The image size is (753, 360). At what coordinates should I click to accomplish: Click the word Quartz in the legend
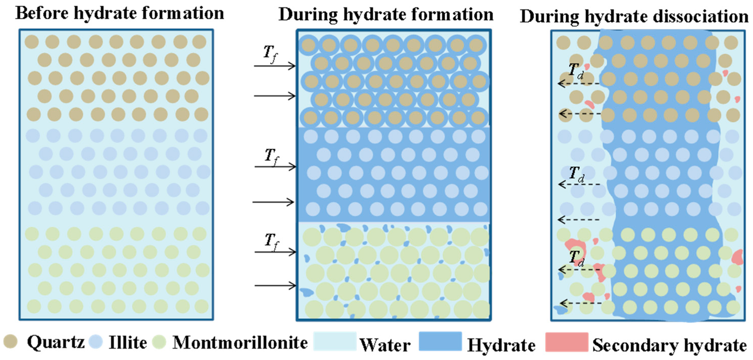coord(56,342)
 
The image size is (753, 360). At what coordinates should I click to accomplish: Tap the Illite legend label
coord(128,342)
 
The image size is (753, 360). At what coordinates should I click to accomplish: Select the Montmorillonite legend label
coord(240,342)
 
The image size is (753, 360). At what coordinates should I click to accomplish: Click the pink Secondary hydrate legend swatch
coord(567,342)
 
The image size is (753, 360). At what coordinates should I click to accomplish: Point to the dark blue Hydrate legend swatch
coord(440,341)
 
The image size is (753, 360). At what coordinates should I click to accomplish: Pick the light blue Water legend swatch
coord(335,341)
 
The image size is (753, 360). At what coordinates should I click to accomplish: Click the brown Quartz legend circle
coord(10,341)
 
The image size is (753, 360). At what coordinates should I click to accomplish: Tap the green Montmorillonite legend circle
coord(159,342)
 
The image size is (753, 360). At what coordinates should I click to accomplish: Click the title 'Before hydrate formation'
coord(119,13)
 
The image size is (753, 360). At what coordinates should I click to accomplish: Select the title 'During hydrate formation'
coord(386,15)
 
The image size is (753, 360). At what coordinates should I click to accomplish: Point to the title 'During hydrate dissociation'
coord(634,16)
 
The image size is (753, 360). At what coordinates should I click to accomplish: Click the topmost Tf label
coord(271,54)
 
